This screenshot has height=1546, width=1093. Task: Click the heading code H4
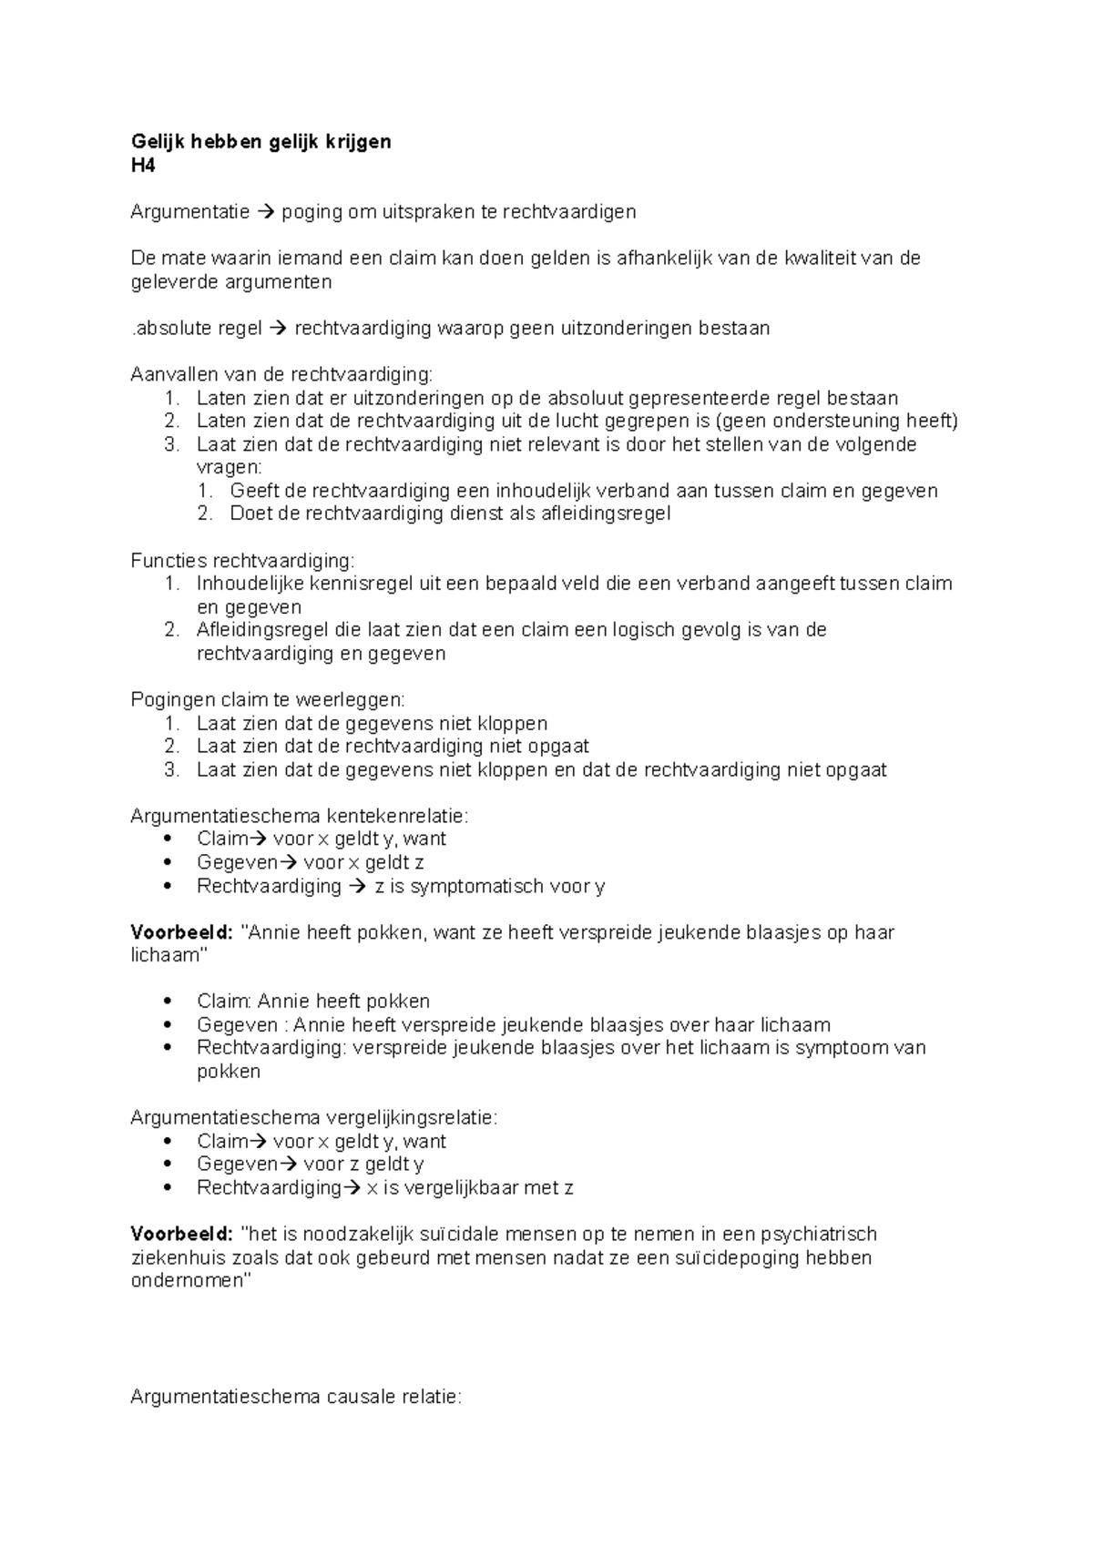(x=143, y=165)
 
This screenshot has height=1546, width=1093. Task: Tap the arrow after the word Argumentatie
(x=265, y=212)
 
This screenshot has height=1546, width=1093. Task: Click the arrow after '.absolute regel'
(x=279, y=329)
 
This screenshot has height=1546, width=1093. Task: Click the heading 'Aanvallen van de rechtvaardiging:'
(x=282, y=374)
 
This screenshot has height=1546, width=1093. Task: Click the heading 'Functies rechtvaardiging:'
(x=242, y=560)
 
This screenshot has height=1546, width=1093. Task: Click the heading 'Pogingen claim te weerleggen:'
(x=268, y=700)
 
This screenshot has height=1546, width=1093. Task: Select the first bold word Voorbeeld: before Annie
(x=181, y=932)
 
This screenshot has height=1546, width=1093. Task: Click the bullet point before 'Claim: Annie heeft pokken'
(x=166, y=1002)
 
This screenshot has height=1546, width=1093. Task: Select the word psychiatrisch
(x=819, y=1235)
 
